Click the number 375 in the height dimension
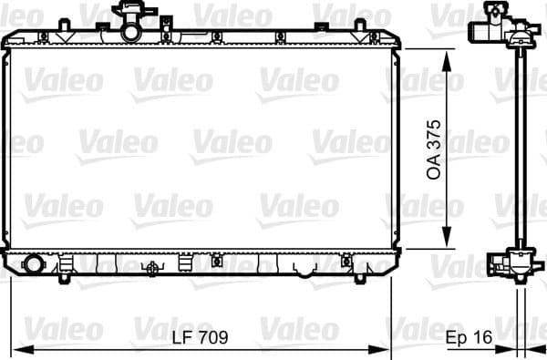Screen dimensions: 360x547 [x=435, y=135]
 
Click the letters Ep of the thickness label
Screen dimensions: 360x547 [x=456, y=337]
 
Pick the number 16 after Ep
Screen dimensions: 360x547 [x=482, y=337]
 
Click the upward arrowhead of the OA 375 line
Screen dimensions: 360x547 [x=447, y=57]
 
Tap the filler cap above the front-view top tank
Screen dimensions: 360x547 [x=128, y=12]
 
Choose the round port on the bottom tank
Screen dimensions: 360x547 [x=34, y=265]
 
